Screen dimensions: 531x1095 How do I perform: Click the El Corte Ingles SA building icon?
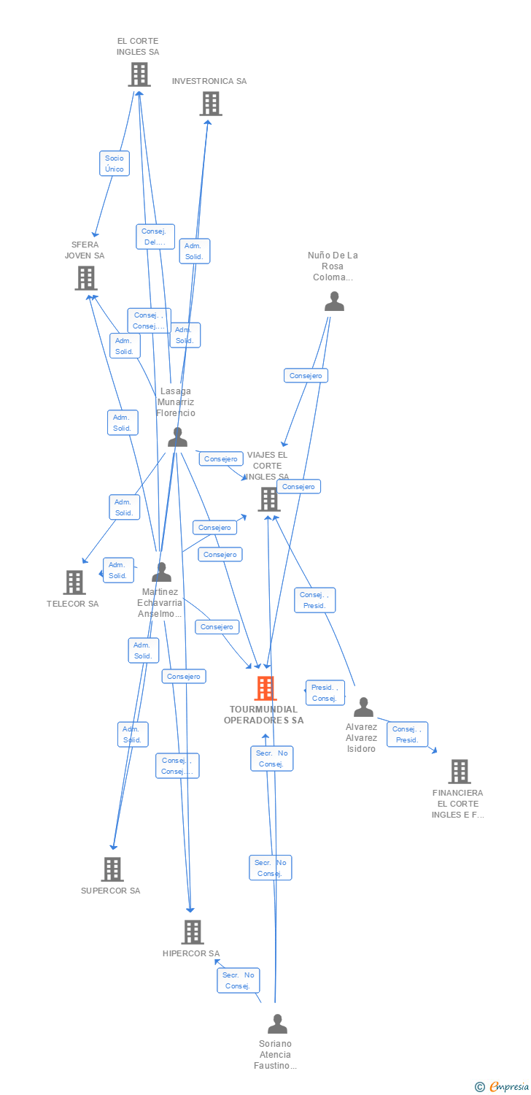pyautogui.click(x=139, y=74)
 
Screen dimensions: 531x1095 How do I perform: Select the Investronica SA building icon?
pyautogui.click(x=210, y=104)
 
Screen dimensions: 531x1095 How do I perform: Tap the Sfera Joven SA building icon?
pyautogui.click(x=85, y=278)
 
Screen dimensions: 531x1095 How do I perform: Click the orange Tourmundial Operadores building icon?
pyautogui.click(x=265, y=688)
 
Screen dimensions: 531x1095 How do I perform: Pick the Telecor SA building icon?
pyautogui.click(x=74, y=583)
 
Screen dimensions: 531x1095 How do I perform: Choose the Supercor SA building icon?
pyautogui.click(x=112, y=869)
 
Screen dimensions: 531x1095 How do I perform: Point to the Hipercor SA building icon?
pyautogui.click(x=192, y=932)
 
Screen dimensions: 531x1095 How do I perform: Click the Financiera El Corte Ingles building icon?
pyautogui.click(x=459, y=772)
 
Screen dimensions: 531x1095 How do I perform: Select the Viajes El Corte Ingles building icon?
pyautogui.click(x=268, y=499)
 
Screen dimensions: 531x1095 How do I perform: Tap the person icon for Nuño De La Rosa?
pyautogui.click(x=334, y=301)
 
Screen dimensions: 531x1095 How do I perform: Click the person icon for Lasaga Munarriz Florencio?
pyautogui.click(x=177, y=437)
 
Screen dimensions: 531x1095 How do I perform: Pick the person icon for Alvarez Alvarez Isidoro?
pyautogui.click(x=363, y=707)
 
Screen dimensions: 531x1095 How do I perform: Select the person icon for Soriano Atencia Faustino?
pyautogui.click(x=277, y=1024)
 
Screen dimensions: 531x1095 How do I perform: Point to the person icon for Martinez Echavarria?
pyautogui.click(x=161, y=572)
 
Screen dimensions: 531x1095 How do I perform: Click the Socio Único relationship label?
pyautogui.click(x=115, y=164)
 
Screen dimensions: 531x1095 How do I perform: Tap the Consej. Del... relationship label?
pyautogui.click(x=155, y=237)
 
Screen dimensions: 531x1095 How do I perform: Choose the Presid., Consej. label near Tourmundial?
pyautogui.click(x=324, y=693)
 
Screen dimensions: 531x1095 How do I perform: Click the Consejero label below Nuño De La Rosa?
pyautogui.click(x=306, y=375)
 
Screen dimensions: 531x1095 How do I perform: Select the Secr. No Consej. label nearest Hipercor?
pyautogui.click(x=238, y=980)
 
